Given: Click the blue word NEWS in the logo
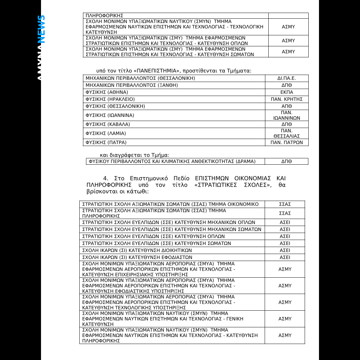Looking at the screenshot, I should (x=41, y=29).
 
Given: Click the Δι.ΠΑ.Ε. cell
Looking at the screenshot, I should (x=287, y=78).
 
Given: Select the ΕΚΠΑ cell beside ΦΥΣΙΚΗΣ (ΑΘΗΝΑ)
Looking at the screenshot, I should (x=287, y=92).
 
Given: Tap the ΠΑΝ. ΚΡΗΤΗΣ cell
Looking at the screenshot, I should (x=287, y=99).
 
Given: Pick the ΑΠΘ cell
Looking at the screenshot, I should (x=287, y=106).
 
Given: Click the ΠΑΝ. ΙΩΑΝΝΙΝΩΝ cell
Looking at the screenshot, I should (x=287, y=115).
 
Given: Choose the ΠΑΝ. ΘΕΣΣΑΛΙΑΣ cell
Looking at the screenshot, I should (x=287, y=133).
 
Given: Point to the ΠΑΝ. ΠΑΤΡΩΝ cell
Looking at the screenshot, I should (x=287, y=142).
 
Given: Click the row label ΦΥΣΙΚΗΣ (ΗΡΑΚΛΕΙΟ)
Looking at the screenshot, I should (x=110, y=99).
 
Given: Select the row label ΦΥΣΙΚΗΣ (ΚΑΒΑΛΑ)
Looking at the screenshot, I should (x=108, y=124).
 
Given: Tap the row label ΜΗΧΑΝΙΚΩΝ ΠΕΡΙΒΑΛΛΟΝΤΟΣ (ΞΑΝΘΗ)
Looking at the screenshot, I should (x=132, y=85).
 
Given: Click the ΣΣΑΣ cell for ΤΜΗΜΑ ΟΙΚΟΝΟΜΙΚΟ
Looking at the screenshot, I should (x=285, y=204).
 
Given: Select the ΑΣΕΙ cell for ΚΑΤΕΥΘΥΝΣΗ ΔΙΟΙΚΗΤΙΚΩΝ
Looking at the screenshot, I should (x=285, y=250).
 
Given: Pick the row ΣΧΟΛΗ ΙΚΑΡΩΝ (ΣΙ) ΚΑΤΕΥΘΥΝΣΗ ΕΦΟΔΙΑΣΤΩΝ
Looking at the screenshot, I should (x=137, y=257).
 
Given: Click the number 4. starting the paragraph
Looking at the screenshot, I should (x=106, y=178).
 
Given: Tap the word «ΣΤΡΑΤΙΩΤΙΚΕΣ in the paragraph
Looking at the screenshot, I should (x=215, y=185).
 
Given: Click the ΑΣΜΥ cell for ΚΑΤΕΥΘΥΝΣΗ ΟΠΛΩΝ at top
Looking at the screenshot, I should (x=288, y=41).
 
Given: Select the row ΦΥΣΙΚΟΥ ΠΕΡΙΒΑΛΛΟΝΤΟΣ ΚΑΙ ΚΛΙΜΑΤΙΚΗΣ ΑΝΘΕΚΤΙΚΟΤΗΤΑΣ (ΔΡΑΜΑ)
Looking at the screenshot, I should (x=172, y=162).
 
